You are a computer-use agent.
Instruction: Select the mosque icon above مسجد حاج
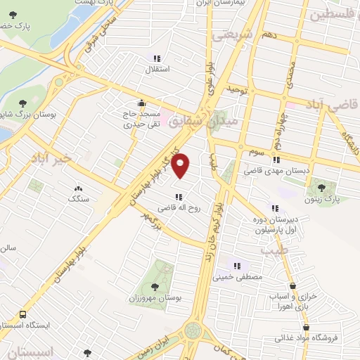[142, 102]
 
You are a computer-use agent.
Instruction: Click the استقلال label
[153, 70]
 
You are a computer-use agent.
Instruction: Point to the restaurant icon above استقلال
[157, 58]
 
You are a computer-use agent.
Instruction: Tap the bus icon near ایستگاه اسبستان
[24, 314]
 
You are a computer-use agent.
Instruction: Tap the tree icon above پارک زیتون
[321, 188]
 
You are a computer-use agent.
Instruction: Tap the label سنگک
[78, 200]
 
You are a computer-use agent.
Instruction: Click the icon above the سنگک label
[78, 188]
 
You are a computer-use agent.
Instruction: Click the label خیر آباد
[51, 160]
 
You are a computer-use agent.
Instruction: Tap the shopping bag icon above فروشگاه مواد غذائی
[306, 328]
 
